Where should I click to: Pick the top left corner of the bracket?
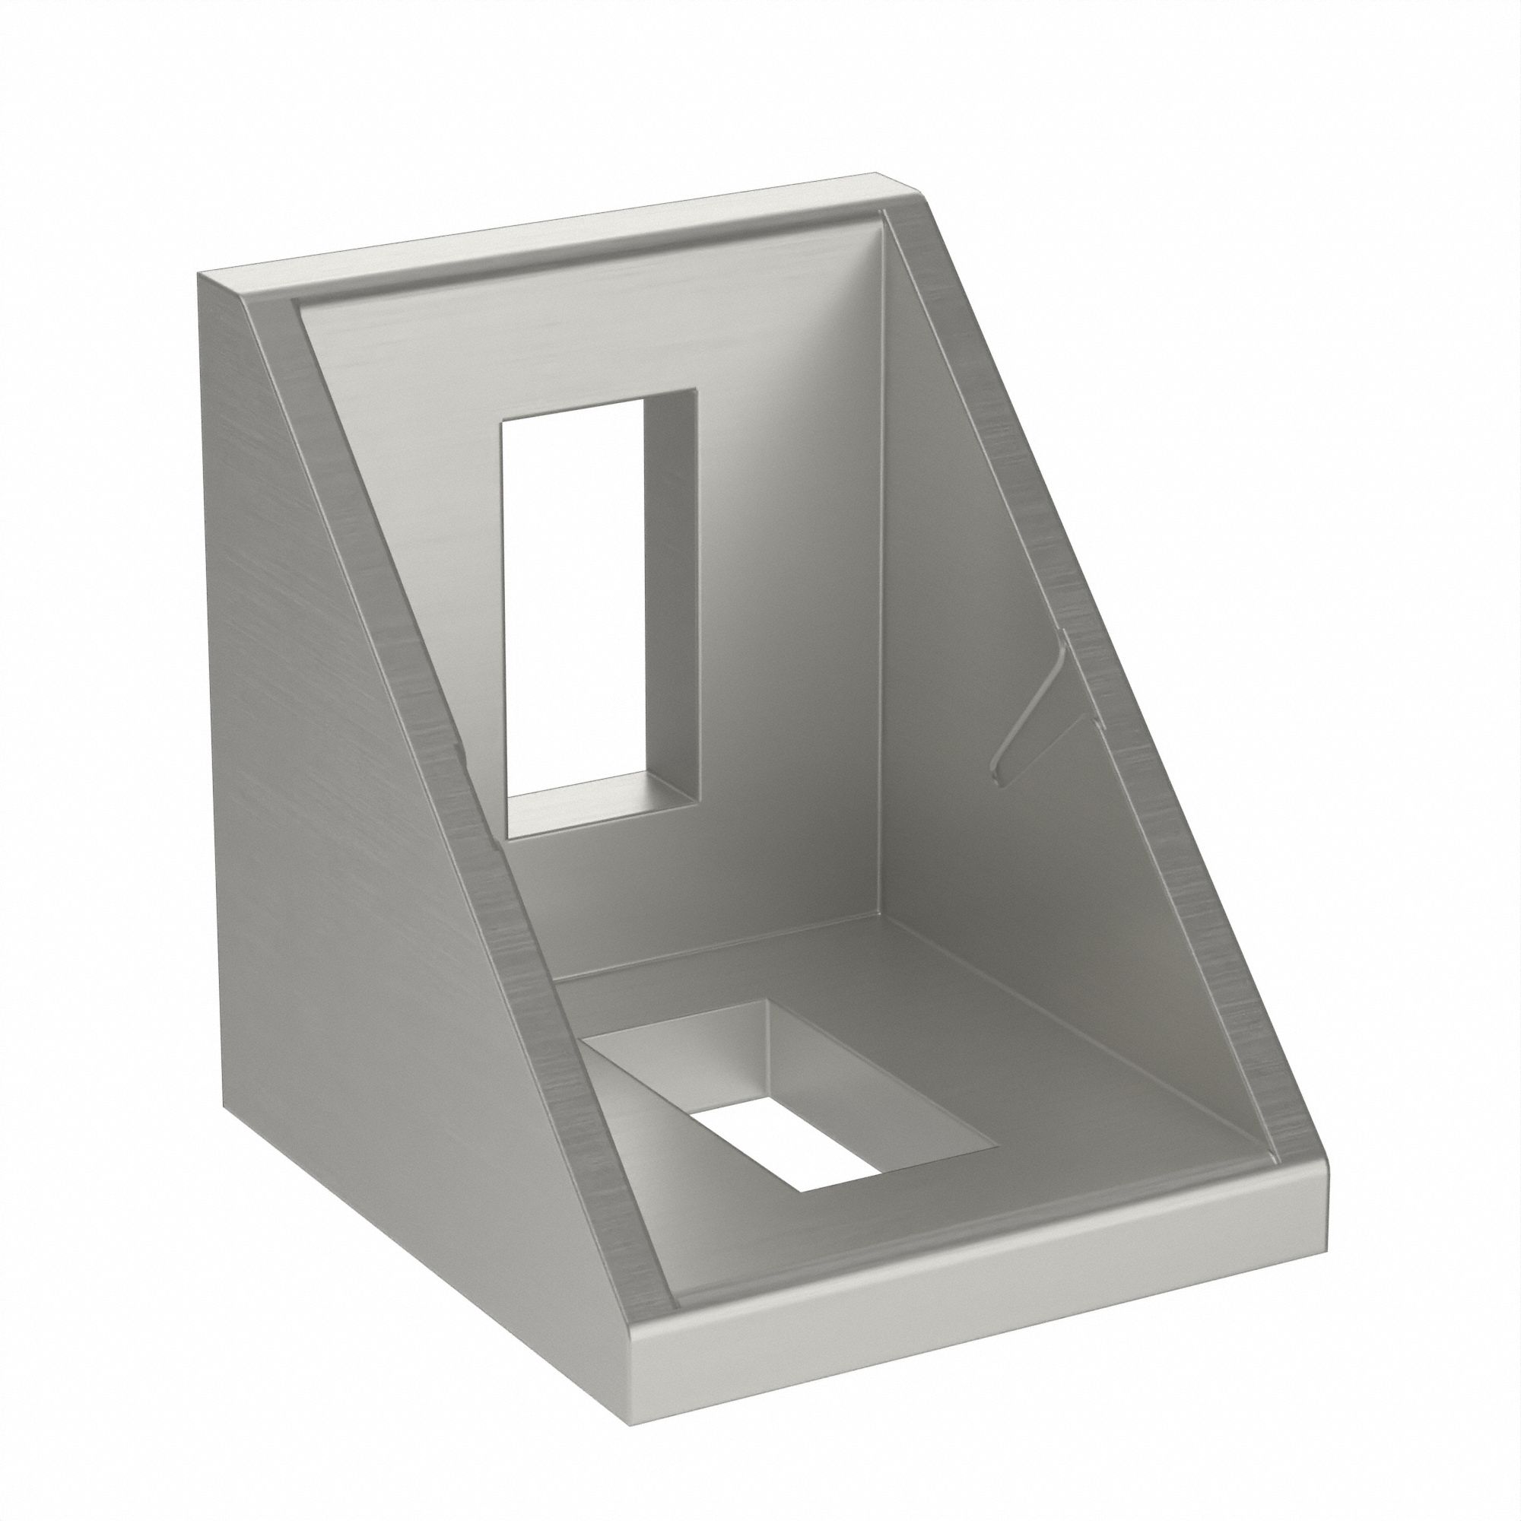(x=200, y=273)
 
